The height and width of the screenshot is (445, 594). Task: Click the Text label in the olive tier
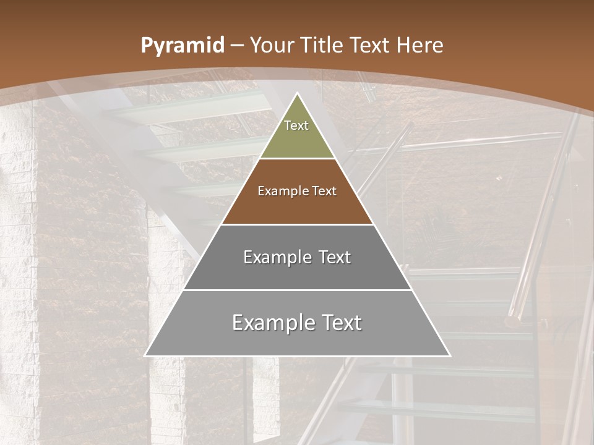[x=296, y=125]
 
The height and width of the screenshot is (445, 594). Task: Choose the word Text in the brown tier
[x=324, y=191]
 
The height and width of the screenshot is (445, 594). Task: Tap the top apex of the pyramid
[x=298, y=93]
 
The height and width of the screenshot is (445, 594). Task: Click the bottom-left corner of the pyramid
[x=145, y=356]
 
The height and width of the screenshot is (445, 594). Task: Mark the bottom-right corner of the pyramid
[x=450, y=356]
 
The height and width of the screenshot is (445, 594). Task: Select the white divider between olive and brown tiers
[x=298, y=159]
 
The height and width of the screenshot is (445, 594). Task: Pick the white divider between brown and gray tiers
[x=298, y=224]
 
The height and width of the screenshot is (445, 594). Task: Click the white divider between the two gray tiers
[x=298, y=290]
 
